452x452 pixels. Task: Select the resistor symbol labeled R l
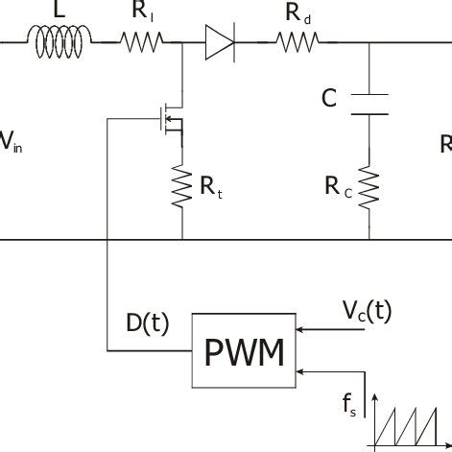[143, 40]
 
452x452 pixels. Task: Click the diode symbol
[220, 40]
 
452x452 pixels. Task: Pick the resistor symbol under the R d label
[298, 40]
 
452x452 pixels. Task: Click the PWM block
[245, 352]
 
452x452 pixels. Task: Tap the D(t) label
[148, 323]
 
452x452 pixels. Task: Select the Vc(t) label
[367, 310]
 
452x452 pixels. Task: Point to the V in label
[11, 144]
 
